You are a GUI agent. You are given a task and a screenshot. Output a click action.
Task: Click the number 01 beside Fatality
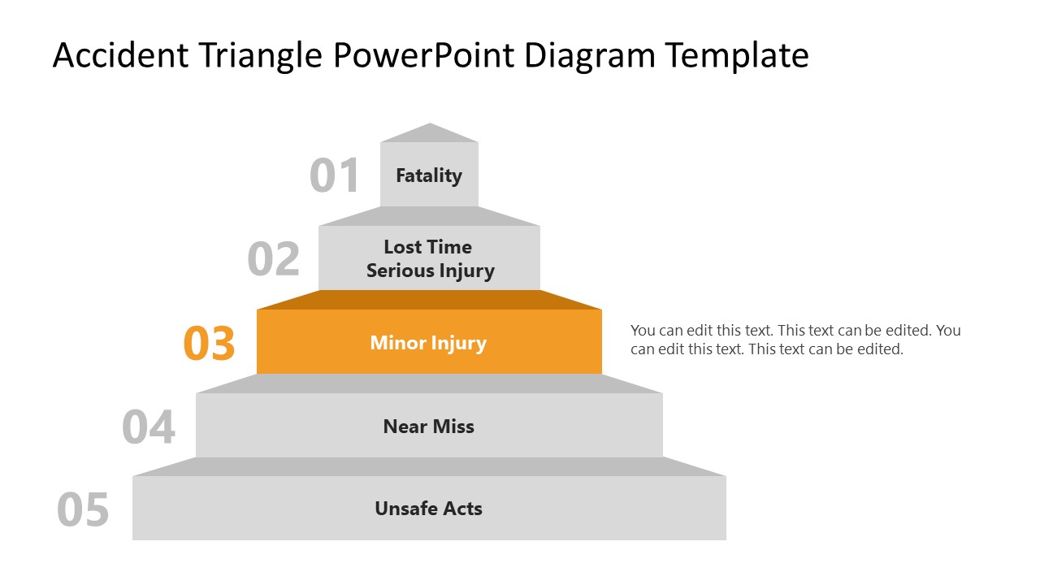click(x=335, y=175)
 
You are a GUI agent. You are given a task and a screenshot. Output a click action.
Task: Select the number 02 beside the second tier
click(x=274, y=259)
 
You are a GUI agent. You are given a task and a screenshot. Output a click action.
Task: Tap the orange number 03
click(x=210, y=343)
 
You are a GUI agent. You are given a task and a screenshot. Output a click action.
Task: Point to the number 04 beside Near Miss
click(x=149, y=427)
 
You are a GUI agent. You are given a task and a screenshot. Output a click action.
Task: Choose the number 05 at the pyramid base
click(x=83, y=510)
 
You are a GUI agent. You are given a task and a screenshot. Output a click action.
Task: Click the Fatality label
click(x=429, y=175)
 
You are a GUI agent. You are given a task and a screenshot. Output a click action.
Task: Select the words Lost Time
click(x=428, y=247)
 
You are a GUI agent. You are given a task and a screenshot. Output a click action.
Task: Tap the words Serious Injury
click(x=430, y=271)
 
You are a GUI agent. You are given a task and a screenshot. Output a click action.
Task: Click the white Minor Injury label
click(x=428, y=343)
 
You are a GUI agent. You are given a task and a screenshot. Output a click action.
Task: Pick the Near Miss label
click(x=428, y=427)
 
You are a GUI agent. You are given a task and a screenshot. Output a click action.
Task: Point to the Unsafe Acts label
click(x=428, y=509)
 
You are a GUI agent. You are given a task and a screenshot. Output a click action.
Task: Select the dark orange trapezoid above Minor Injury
click(x=429, y=300)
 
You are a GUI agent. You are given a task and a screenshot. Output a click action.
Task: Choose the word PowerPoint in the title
click(x=424, y=55)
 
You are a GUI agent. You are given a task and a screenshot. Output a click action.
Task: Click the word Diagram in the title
click(x=589, y=55)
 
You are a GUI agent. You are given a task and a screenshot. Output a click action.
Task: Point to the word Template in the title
click(x=737, y=55)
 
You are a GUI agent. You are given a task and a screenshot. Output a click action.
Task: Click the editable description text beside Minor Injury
click(x=795, y=340)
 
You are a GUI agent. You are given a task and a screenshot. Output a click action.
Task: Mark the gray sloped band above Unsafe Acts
click(x=429, y=466)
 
